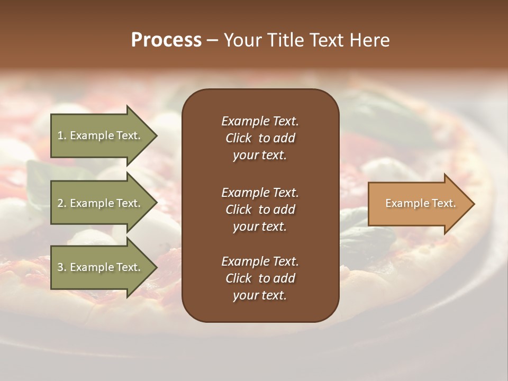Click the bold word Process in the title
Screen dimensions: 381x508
(166, 40)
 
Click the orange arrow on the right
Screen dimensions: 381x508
(418, 203)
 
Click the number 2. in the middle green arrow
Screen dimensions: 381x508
(62, 203)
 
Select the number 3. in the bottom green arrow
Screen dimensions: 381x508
(62, 267)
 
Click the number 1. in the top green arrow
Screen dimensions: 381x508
(61, 135)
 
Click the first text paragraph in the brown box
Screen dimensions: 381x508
(260, 138)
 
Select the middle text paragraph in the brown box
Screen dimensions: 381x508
(260, 210)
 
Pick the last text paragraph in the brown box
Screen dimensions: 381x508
(260, 278)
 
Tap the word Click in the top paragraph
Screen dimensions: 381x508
(238, 138)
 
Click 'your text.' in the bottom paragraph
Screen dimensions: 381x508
(260, 295)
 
